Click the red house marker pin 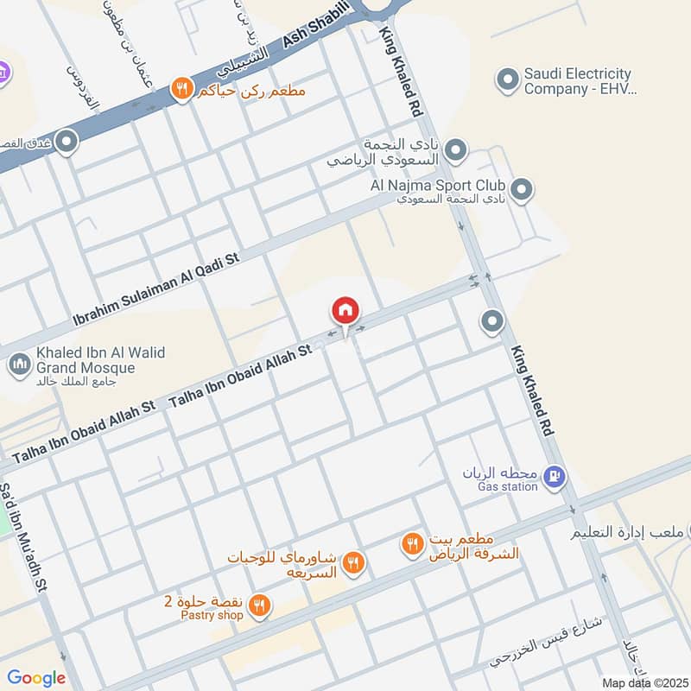(345, 310)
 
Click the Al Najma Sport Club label (440, 186)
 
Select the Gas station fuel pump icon (557, 474)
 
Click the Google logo (36, 677)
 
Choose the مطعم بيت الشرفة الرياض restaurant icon (411, 544)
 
